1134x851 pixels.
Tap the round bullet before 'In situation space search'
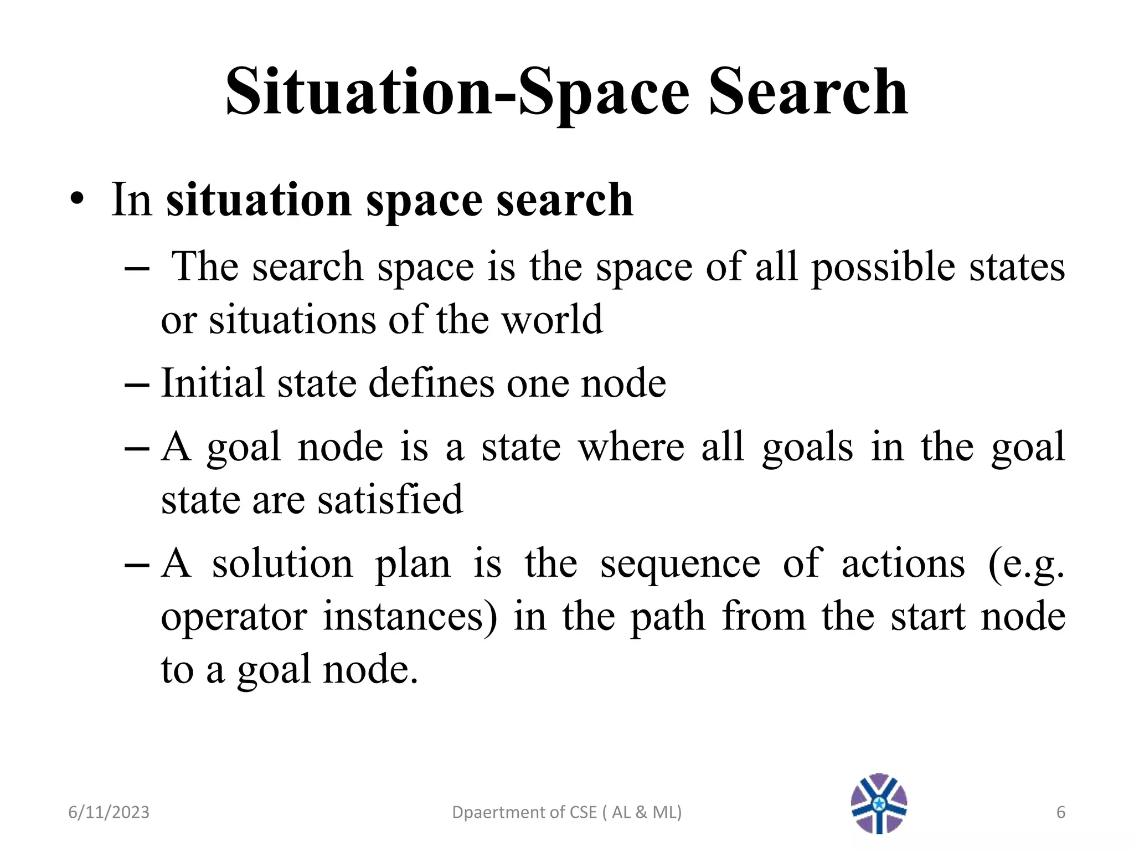pyautogui.click(x=77, y=200)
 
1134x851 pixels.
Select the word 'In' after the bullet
pyautogui.click(x=131, y=200)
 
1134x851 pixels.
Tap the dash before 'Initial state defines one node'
pyautogui.click(x=137, y=384)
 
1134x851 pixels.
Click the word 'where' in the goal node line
pyautogui.click(x=631, y=447)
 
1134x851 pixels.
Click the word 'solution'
pyautogui.click(x=282, y=564)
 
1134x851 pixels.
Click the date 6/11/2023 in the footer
pyautogui.click(x=109, y=812)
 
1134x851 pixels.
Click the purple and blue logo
pyautogui.click(x=879, y=803)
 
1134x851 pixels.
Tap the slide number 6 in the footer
pyautogui.click(x=1061, y=812)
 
